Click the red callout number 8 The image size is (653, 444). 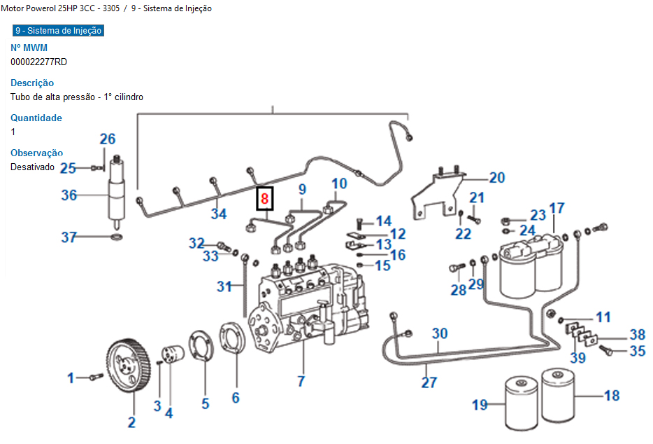click(x=264, y=198)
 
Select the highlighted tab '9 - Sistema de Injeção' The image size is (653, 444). click(x=58, y=31)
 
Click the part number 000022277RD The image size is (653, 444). click(x=39, y=62)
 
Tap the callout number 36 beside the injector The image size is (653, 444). click(x=69, y=195)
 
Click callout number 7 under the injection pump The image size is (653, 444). click(x=301, y=382)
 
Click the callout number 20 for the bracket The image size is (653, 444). click(x=496, y=178)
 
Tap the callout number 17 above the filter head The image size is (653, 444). click(x=557, y=208)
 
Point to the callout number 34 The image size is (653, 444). click(x=219, y=214)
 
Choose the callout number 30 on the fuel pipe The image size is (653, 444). click(x=439, y=333)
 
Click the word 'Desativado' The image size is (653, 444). click(x=32, y=167)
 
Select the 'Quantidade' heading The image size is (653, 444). click(x=36, y=118)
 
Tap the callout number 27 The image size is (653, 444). click(x=429, y=382)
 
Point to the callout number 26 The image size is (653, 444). click(x=107, y=139)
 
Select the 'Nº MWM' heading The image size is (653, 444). click(x=29, y=48)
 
